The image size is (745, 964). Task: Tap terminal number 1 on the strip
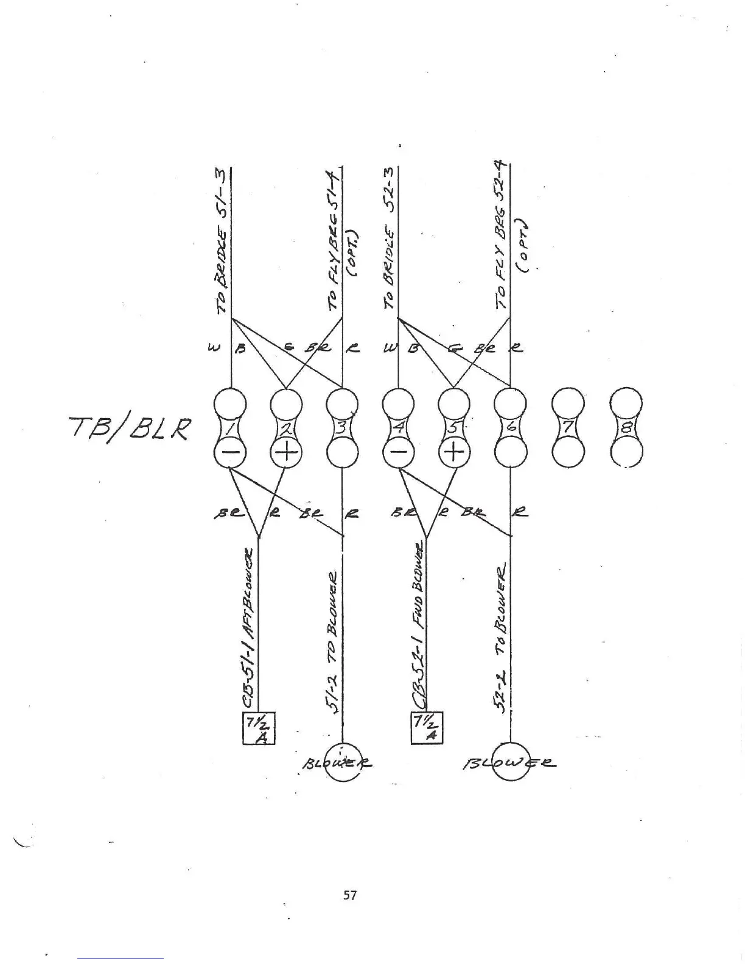tap(229, 428)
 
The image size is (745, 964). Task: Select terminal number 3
tap(342, 428)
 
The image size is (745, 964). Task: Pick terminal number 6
tap(510, 428)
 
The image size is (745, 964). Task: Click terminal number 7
tap(567, 428)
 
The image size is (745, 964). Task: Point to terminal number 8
tap(626, 428)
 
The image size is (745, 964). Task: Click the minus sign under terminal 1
tap(229, 453)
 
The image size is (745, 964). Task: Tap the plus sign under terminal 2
tap(285, 453)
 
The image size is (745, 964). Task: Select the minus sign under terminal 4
tap(398, 453)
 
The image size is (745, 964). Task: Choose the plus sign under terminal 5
tap(454, 453)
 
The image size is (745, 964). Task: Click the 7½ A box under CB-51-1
tap(259, 727)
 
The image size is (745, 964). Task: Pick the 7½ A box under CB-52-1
tap(427, 727)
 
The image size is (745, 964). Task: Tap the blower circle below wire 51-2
tap(342, 760)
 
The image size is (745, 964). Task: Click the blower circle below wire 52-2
tap(509, 760)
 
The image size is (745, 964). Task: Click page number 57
tap(350, 895)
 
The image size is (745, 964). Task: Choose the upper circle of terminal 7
tap(567, 403)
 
